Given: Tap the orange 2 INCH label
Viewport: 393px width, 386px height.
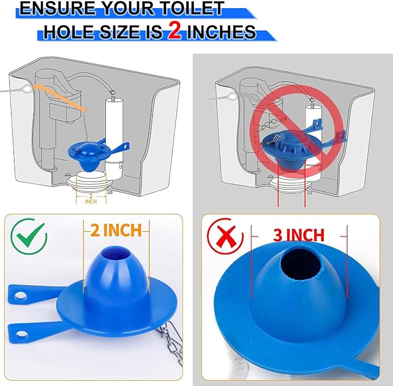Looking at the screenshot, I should [x=115, y=230].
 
